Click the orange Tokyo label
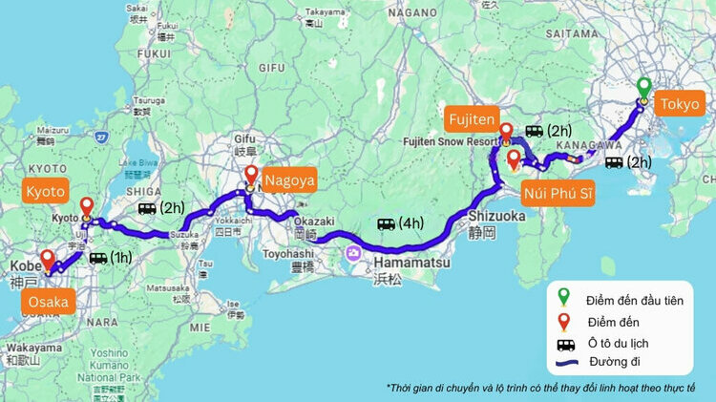tap(679, 104)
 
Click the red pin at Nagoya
tap(251, 176)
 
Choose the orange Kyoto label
tap(45, 192)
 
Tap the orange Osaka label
tap(49, 303)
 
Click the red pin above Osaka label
tap(47, 259)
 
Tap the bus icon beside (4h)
tap(386, 223)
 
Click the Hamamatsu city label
tap(409, 262)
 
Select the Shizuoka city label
tap(496, 216)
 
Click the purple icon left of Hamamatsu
tap(354, 253)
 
